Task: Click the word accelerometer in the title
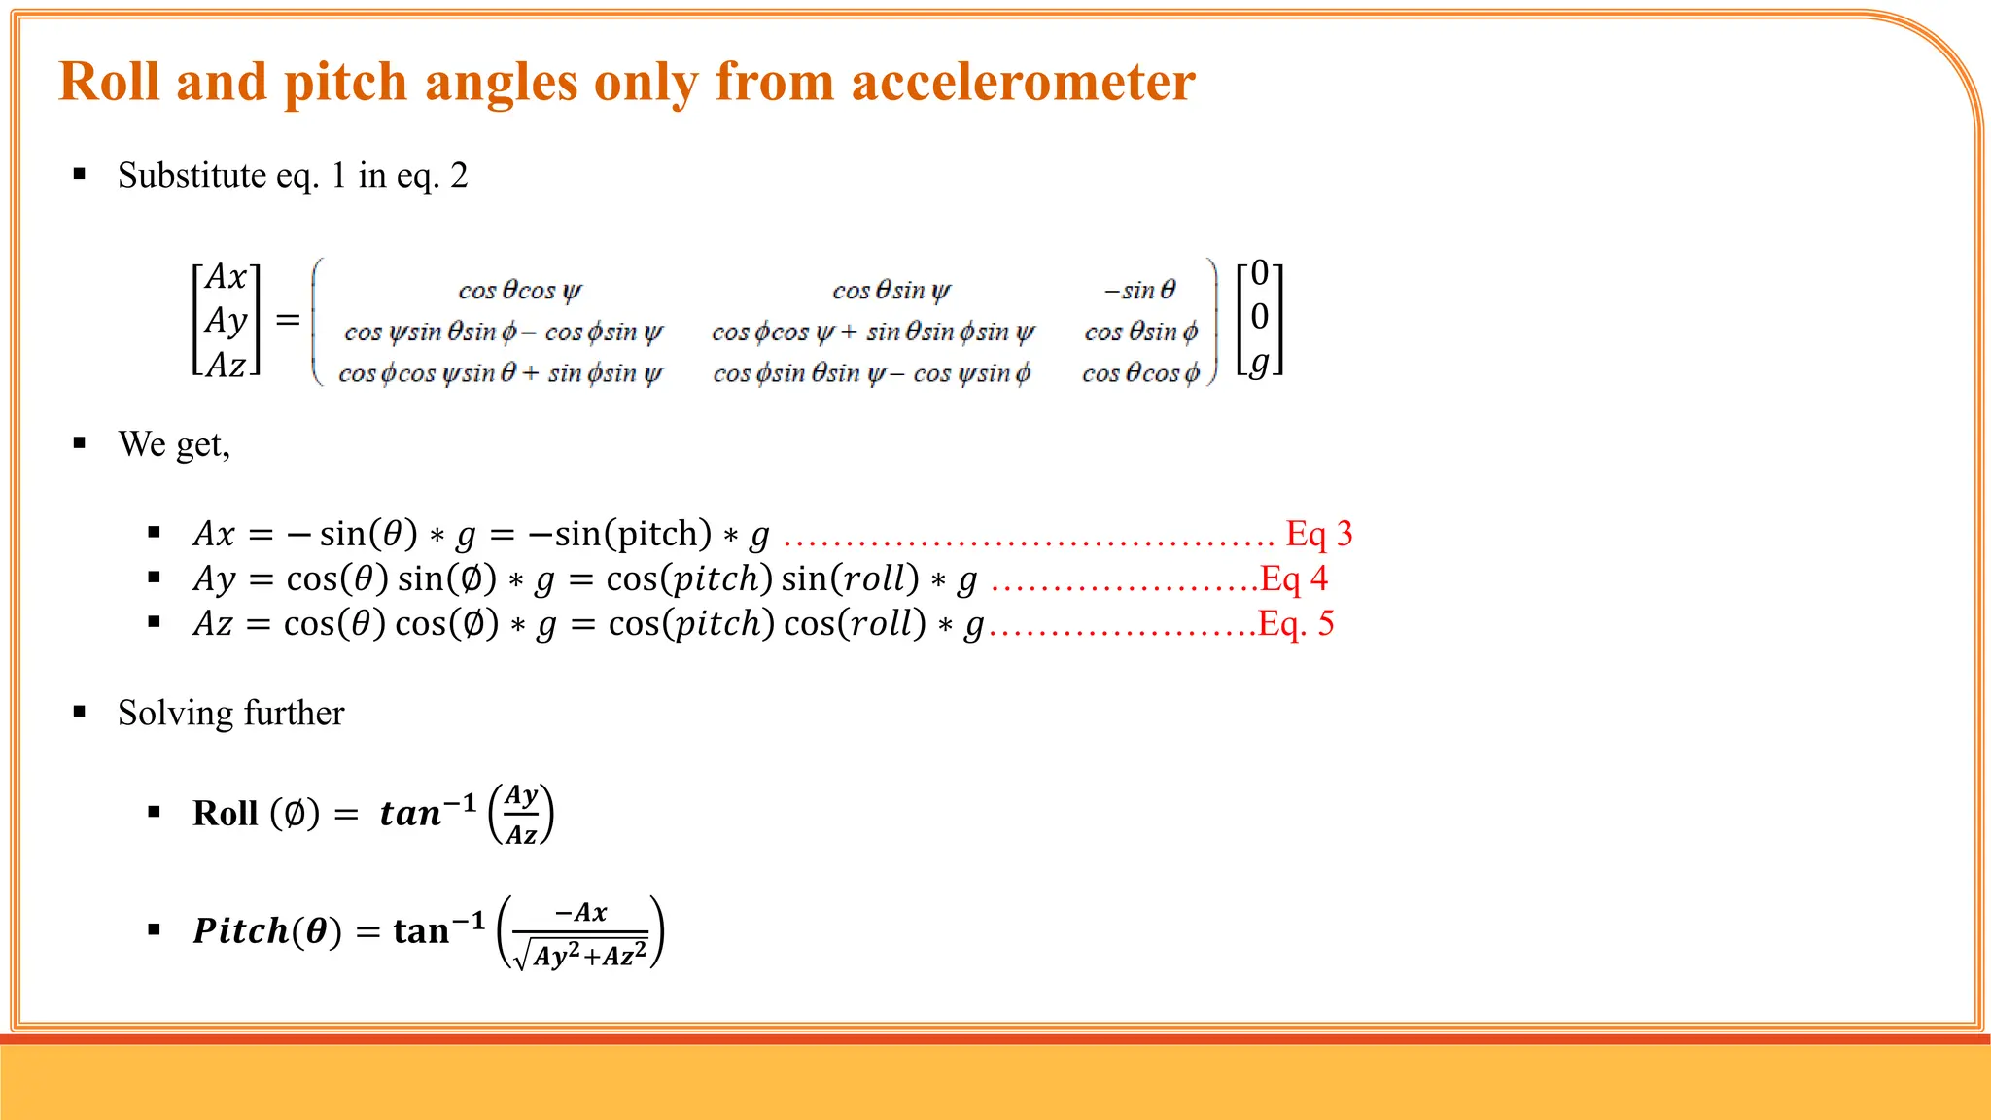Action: [x=1023, y=82]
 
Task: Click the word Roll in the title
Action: [x=109, y=82]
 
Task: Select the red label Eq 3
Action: [x=1318, y=534]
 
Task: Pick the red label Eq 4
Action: [x=1293, y=578]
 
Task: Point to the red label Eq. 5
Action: [x=1295, y=623]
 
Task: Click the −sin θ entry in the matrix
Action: [x=1139, y=290]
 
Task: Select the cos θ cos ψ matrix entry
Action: [x=520, y=290]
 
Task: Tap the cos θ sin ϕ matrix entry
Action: [x=1140, y=332]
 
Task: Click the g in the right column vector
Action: [x=1260, y=362]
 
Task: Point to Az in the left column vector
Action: [x=226, y=365]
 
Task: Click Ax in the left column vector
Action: [x=226, y=277]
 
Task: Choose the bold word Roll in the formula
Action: [x=225, y=813]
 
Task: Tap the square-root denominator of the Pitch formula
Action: [x=580, y=954]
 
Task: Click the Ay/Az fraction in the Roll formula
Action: [x=521, y=814]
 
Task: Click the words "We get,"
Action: [x=174, y=444]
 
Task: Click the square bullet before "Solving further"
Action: [x=80, y=712]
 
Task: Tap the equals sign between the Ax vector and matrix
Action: [x=287, y=319]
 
